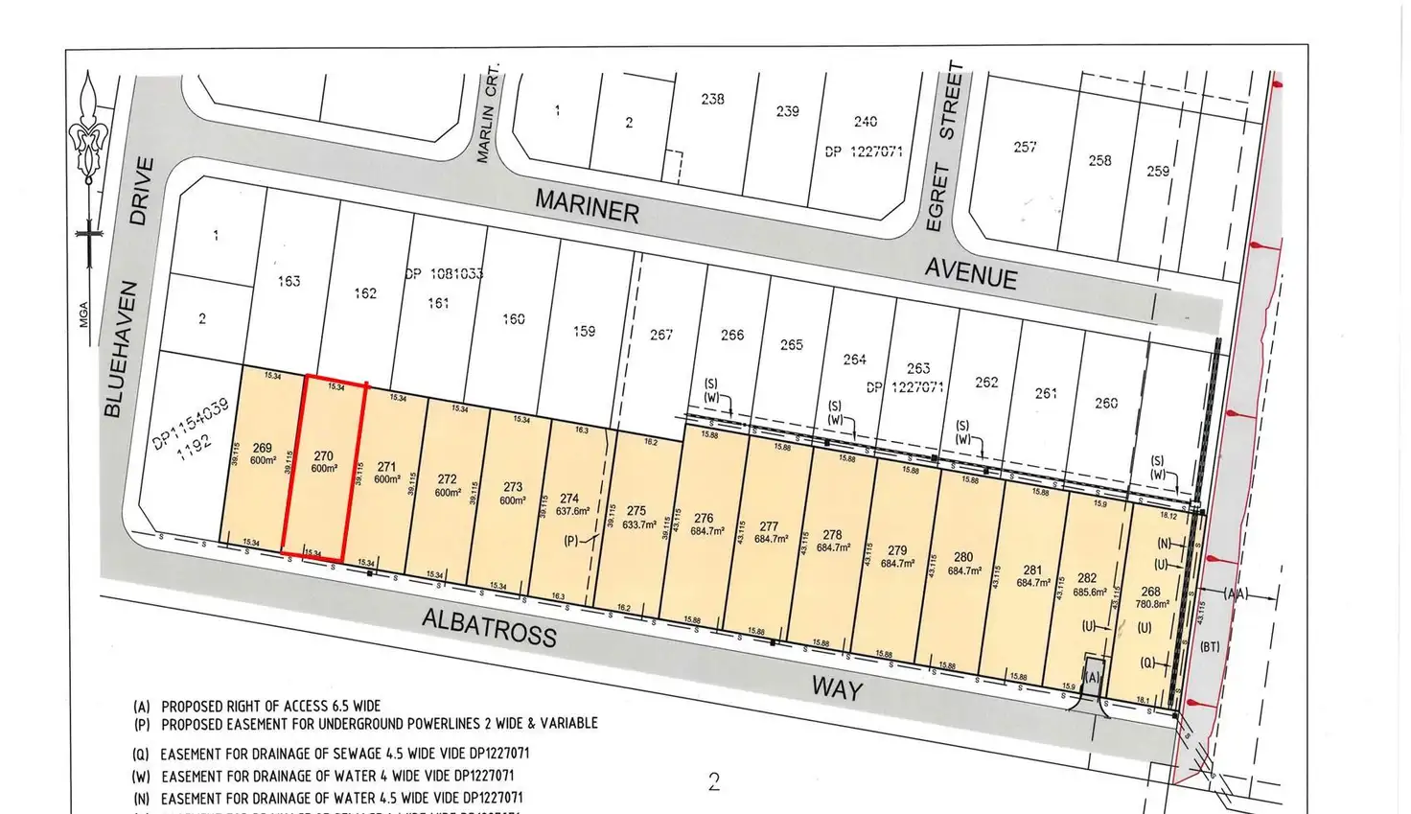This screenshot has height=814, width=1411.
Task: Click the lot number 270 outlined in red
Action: pos(323,456)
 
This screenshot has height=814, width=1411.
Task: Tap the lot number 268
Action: pos(1150,592)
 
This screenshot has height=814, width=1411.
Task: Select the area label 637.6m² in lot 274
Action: pos(569,511)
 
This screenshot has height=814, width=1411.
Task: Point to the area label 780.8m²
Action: pos(1151,604)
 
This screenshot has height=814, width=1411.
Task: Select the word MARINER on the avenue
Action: pos(587,206)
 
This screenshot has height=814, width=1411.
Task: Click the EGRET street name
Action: pos(937,198)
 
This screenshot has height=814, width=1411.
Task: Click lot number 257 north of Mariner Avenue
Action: pos(1025,147)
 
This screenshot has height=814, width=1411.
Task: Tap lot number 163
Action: pos(289,281)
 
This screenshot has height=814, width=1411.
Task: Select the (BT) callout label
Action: pos(1210,647)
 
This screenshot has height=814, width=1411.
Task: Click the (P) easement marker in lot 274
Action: pos(571,541)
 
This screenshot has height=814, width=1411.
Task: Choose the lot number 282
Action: pos(1086,578)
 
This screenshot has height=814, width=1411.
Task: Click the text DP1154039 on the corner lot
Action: pos(190,425)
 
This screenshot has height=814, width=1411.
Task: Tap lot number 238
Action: pos(712,99)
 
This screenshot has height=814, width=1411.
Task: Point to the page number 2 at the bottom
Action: pos(713,782)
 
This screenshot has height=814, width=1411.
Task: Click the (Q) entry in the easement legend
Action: pos(141,755)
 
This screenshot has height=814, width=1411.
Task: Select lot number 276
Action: pos(704,518)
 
